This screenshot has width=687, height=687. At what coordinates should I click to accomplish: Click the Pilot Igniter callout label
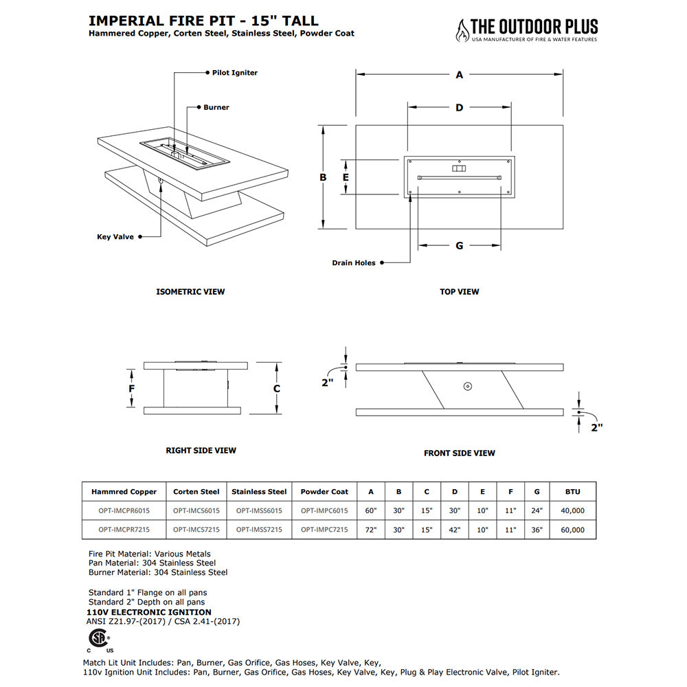pyautogui.click(x=234, y=73)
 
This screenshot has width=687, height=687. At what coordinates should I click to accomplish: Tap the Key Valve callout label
pyautogui.click(x=115, y=237)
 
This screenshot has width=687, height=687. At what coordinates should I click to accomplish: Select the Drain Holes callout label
pyautogui.click(x=354, y=263)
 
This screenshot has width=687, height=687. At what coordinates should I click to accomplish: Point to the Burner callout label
pyautogui.click(x=216, y=108)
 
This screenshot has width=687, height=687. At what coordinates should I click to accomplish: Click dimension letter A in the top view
pyautogui.click(x=460, y=75)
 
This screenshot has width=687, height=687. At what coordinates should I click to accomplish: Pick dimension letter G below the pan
pyautogui.click(x=460, y=245)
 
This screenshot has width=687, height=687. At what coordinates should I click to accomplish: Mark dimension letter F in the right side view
pyautogui.click(x=131, y=387)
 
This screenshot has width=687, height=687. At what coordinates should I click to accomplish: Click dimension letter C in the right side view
pyautogui.click(x=277, y=388)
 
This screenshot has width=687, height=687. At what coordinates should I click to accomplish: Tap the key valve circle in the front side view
pyautogui.click(x=467, y=386)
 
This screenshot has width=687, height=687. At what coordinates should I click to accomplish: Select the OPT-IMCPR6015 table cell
pyautogui.click(x=124, y=510)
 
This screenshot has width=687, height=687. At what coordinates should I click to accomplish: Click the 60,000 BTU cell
pyautogui.click(x=572, y=530)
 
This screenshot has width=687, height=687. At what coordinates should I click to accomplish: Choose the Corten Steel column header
pyautogui.click(x=196, y=492)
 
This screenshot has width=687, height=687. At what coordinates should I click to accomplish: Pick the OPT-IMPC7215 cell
pyautogui.click(x=324, y=530)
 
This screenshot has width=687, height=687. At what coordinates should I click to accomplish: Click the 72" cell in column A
pyautogui.click(x=371, y=530)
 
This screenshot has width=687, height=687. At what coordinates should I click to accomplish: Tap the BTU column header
pyautogui.click(x=572, y=492)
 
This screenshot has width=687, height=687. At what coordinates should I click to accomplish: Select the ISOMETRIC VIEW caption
pyautogui.click(x=190, y=292)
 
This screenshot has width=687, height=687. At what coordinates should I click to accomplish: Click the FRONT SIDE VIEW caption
pyautogui.click(x=459, y=453)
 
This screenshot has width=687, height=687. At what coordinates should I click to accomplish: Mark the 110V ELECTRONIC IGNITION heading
pyautogui.click(x=150, y=612)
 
